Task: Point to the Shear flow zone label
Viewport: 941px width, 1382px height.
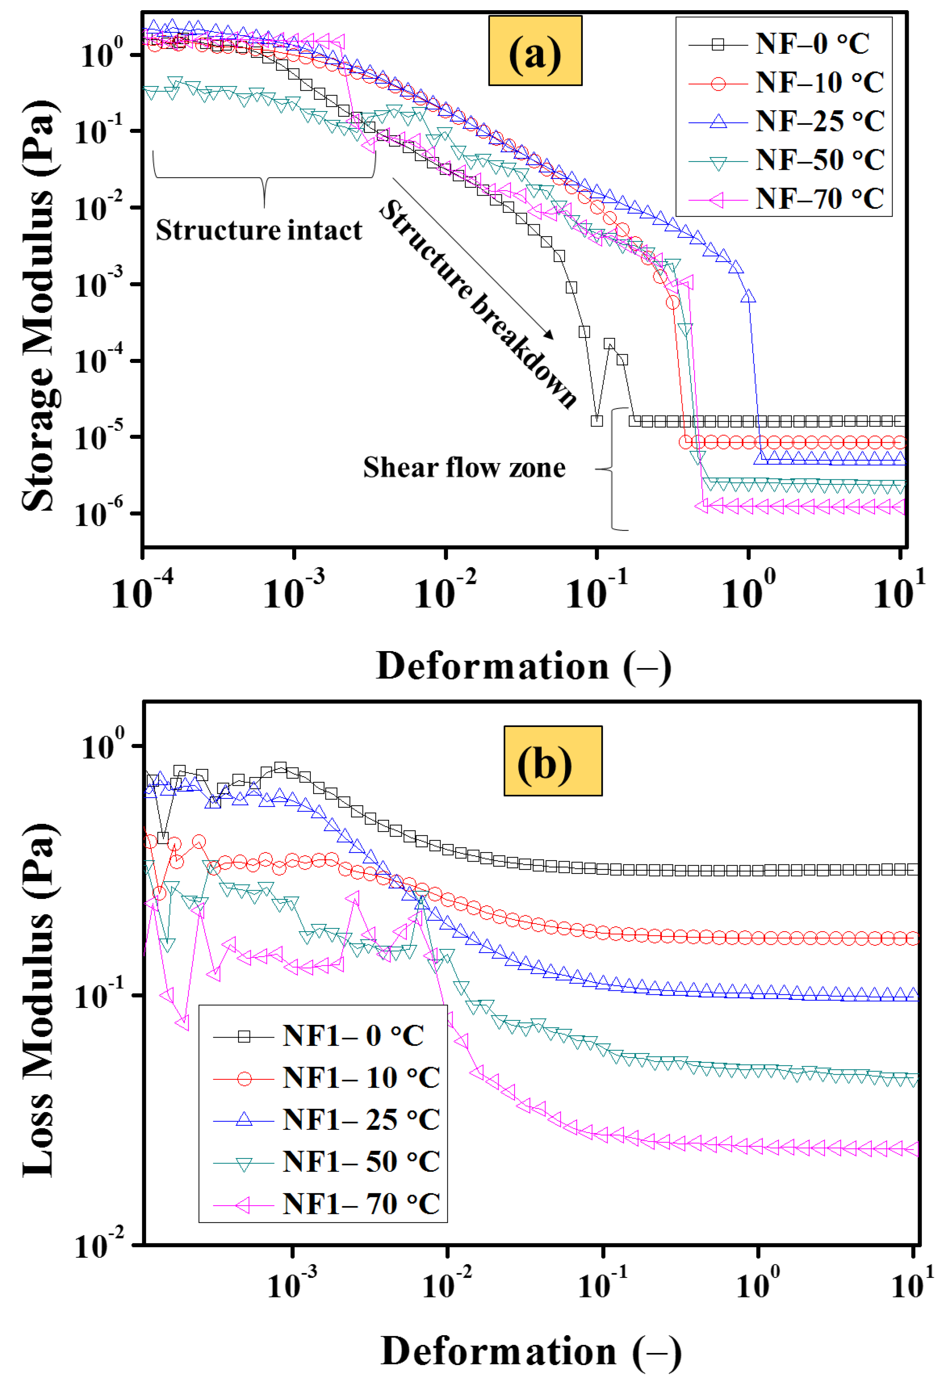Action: coord(464,467)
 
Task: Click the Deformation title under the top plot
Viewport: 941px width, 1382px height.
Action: coord(523,666)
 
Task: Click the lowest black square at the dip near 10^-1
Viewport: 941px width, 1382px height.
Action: coord(597,420)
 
